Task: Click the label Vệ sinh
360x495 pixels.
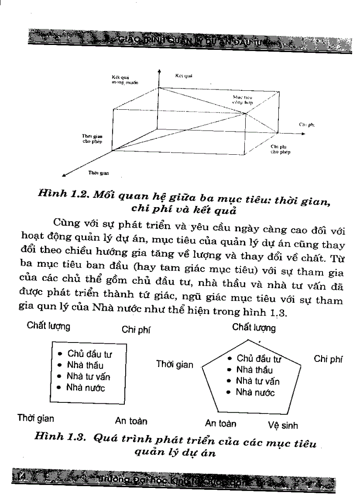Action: click(282, 426)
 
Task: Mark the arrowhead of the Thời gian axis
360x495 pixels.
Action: click(64, 176)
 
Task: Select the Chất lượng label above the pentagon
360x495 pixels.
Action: click(254, 328)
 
